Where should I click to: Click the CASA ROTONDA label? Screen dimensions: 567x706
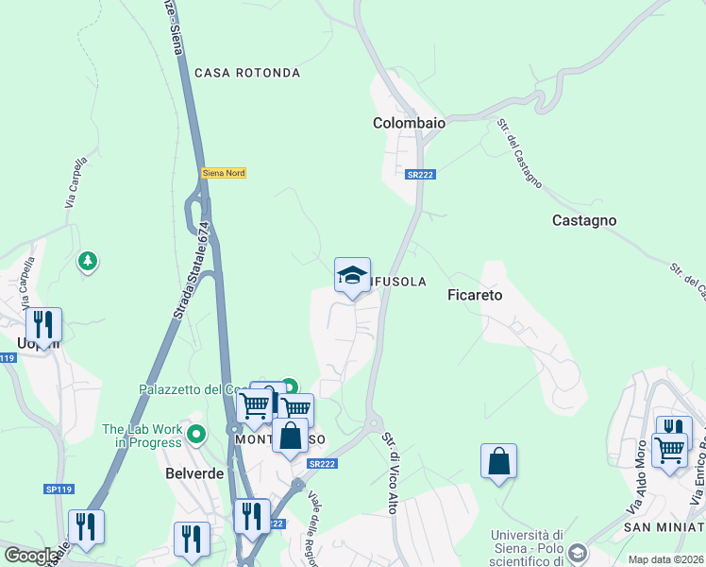point(247,73)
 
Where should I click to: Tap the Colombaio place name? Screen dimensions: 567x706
point(409,123)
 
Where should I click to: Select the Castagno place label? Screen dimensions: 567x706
point(583,220)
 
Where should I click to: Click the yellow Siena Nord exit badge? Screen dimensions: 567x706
point(223,173)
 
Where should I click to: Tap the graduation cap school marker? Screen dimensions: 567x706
point(352,276)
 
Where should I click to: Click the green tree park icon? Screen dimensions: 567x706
point(88,260)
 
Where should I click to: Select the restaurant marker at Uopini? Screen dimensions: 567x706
point(43,325)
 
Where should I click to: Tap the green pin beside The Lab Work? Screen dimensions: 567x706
point(196,436)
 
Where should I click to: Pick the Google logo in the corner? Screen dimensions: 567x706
point(32,555)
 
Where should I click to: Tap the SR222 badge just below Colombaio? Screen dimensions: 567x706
point(420,175)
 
